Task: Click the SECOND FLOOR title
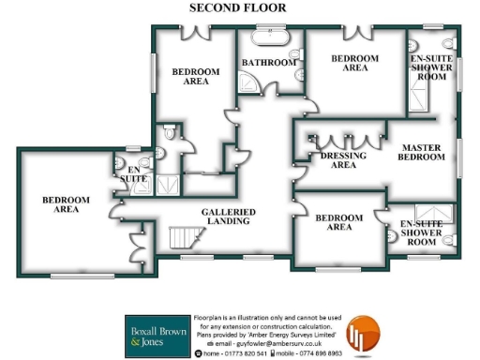point(238,7)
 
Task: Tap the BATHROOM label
point(269,63)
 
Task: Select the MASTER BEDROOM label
point(422,153)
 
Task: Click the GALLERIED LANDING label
point(228,217)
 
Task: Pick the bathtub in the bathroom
point(266,41)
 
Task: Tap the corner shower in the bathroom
point(251,85)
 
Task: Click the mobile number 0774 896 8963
point(313,353)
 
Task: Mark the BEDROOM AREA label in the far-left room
point(65,204)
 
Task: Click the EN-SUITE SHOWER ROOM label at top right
point(432,67)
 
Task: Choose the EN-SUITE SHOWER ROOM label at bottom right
point(423,232)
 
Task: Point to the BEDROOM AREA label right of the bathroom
point(355,63)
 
